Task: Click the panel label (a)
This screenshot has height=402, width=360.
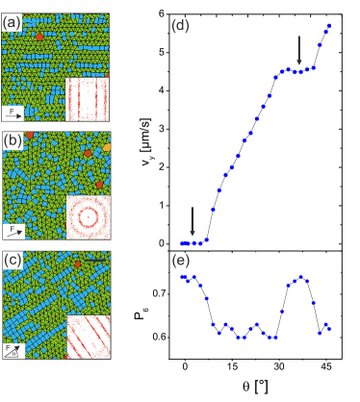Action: point(13,22)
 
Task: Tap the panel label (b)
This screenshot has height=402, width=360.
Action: point(13,140)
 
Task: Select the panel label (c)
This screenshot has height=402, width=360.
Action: point(13,261)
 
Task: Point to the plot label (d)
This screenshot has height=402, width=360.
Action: point(180,26)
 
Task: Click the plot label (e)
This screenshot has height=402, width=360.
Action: point(180,260)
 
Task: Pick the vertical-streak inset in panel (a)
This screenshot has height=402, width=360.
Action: point(87,98)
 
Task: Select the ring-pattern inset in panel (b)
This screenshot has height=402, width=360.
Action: point(88,216)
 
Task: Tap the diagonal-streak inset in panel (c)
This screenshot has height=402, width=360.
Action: point(88,337)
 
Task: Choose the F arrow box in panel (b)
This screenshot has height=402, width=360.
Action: point(13,231)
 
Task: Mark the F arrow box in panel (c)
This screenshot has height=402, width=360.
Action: point(13,350)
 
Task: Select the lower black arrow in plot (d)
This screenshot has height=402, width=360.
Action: point(193,220)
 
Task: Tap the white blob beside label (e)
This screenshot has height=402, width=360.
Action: point(156,252)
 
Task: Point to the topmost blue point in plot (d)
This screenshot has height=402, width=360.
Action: point(330,26)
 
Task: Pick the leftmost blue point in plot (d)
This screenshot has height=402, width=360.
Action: point(182,243)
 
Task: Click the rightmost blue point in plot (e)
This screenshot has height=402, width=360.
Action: point(329,328)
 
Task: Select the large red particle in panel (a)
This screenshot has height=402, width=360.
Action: point(39,36)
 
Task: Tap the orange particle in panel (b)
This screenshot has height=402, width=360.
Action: point(88,154)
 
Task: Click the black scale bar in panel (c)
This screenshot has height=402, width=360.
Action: point(93,258)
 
